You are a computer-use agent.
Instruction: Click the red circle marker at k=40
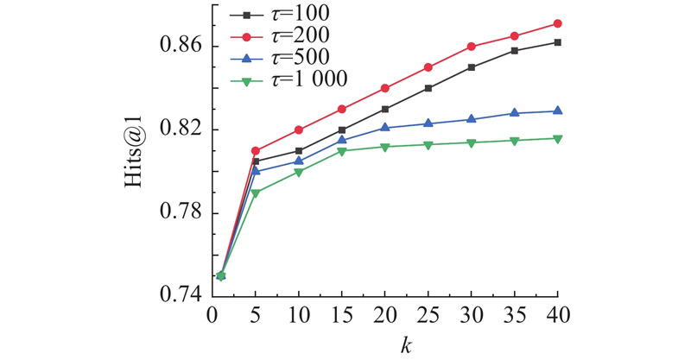(558, 23)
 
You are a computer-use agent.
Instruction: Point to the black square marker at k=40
(558, 42)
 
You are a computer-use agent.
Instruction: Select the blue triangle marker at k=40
(558, 111)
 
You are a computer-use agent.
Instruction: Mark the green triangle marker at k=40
(558, 139)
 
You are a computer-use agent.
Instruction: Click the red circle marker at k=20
(385, 88)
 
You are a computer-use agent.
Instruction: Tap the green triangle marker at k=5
(256, 193)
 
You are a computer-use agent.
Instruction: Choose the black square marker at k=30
(472, 67)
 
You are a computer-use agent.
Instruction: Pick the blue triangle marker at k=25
(428, 123)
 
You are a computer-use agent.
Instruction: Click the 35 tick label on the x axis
(515, 317)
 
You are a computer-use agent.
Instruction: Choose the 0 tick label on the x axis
(212, 317)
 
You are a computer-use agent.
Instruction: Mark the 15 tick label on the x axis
(342, 317)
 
